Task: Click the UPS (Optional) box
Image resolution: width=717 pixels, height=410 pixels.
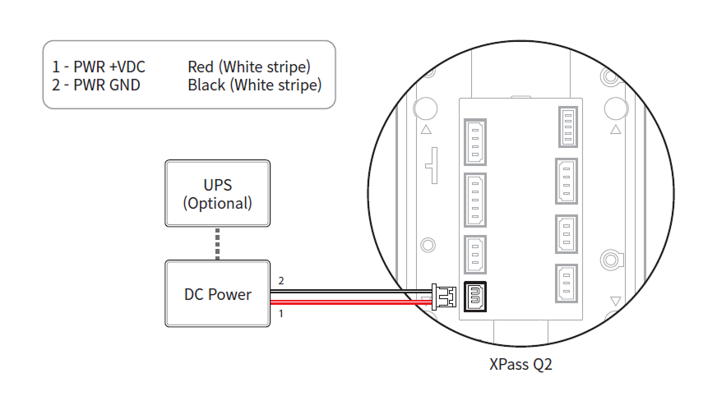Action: pyautogui.click(x=217, y=193)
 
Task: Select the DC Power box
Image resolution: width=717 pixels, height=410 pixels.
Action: pyautogui.click(x=217, y=293)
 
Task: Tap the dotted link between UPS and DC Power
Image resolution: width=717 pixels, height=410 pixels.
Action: pyautogui.click(x=217, y=242)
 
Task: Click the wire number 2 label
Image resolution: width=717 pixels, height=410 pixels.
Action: pyautogui.click(x=281, y=281)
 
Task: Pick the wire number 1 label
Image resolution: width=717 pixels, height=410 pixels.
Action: pyautogui.click(x=281, y=313)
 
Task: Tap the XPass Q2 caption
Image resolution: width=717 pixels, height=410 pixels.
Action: pyautogui.click(x=520, y=364)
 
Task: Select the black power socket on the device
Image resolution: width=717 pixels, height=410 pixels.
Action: pyautogui.click(x=475, y=296)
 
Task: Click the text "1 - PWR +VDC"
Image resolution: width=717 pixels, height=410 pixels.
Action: pyautogui.click(x=99, y=67)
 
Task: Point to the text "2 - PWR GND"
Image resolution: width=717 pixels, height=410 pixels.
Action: pyautogui.click(x=95, y=85)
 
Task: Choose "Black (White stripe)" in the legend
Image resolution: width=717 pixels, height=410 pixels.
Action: pyautogui.click(x=254, y=85)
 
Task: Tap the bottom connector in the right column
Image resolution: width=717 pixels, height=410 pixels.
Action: pyautogui.click(x=566, y=287)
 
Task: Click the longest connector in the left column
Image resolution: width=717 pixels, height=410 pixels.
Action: pyautogui.click(x=474, y=200)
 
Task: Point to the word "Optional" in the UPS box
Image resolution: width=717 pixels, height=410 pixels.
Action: pyautogui.click(x=217, y=202)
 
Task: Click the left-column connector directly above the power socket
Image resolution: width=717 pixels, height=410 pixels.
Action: pyautogui.click(x=474, y=255)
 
